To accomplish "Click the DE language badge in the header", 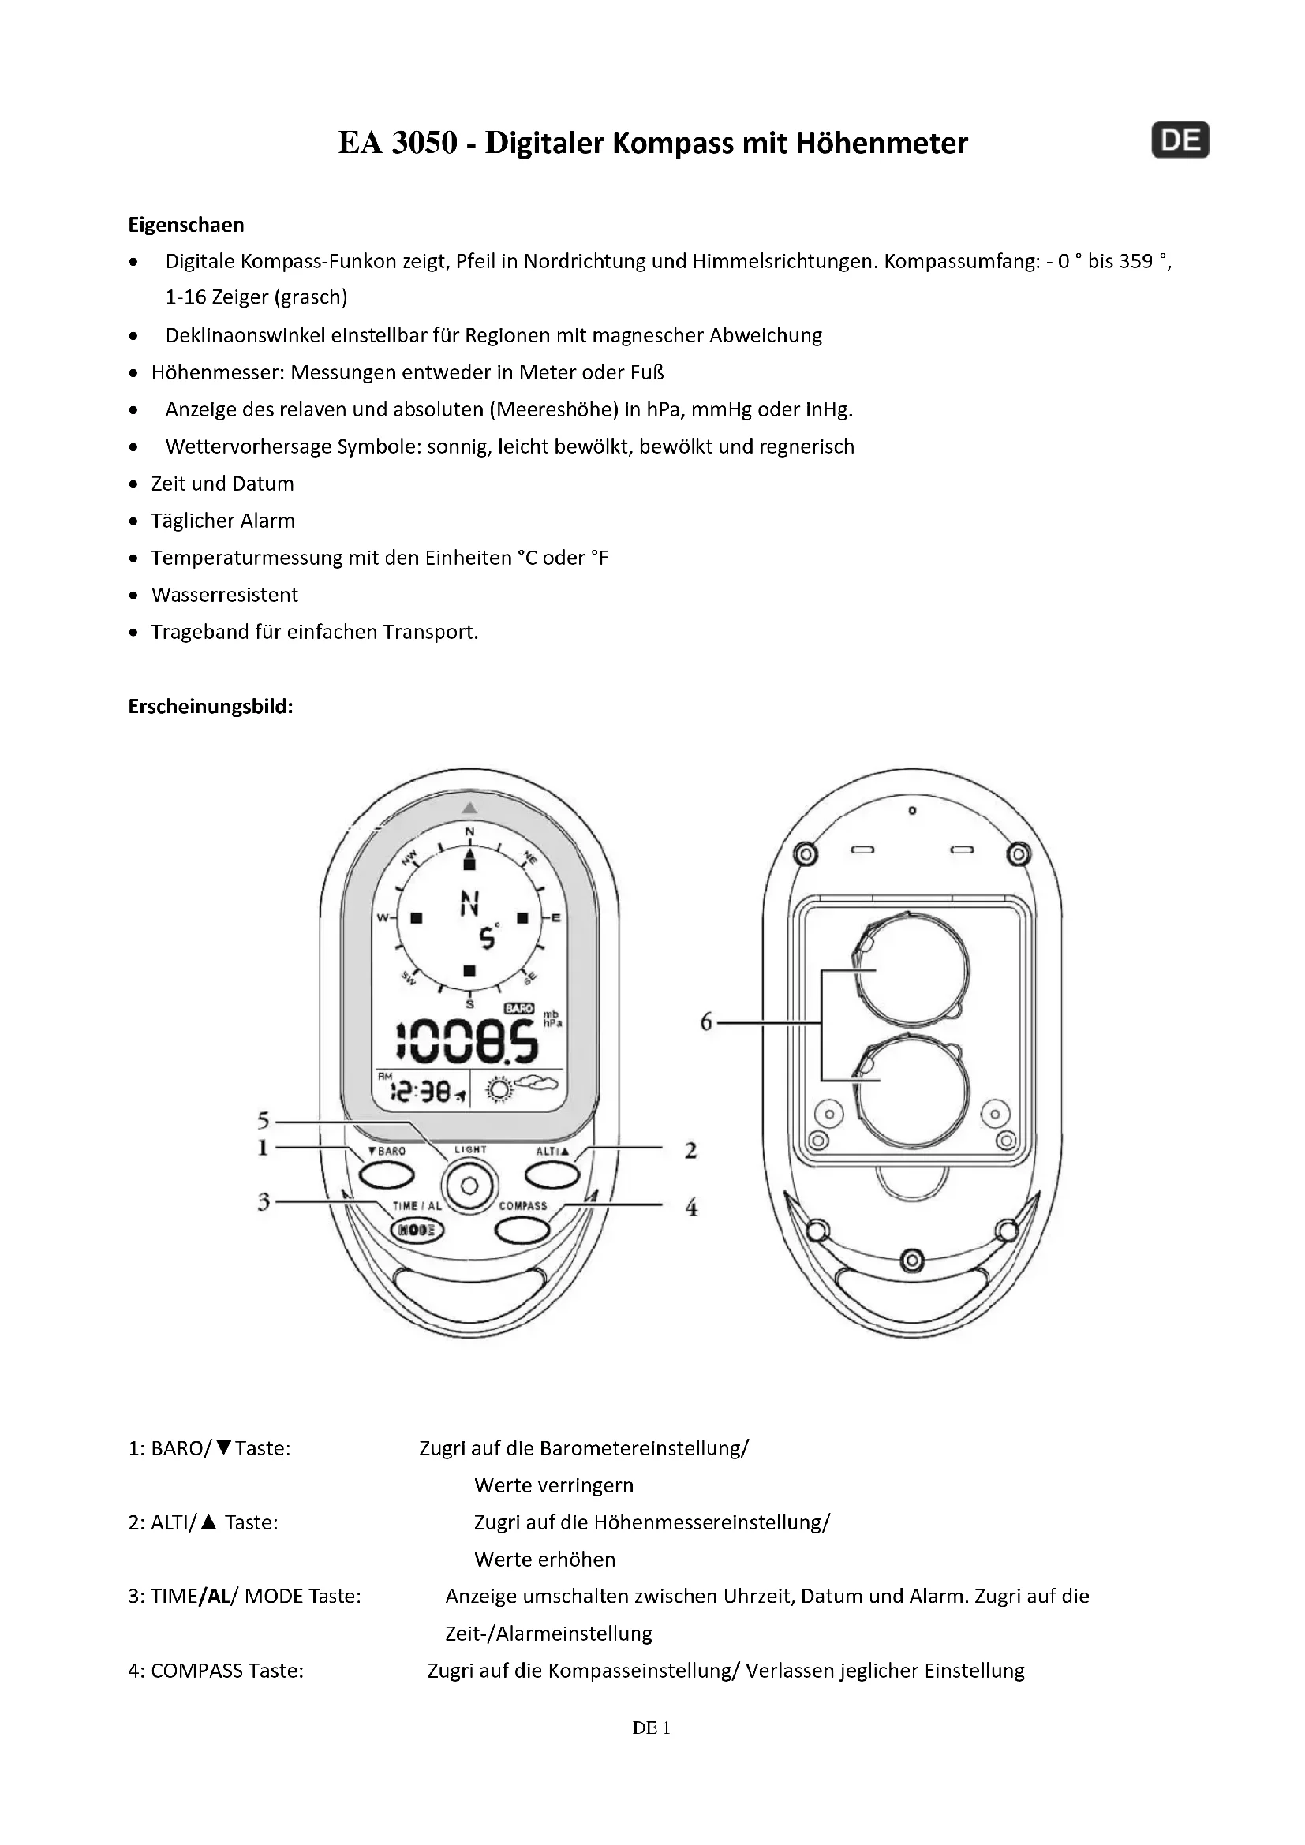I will click(x=1180, y=140).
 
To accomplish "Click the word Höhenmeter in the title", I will click(x=881, y=143).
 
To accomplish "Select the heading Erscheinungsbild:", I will click(x=211, y=706).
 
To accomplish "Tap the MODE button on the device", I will click(x=417, y=1230).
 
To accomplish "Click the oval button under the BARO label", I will click(x=386, y=1175).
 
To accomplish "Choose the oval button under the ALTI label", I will click(x=552, y=1175).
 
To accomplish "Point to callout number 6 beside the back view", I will click(x=706, y=1022).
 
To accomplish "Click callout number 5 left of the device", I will click(x=264, y=1120).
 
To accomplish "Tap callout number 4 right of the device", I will click(x=691, y=1207).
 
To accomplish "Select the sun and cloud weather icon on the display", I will click(x=518, y=1089).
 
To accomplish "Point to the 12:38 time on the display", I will click(x=421, y=1091).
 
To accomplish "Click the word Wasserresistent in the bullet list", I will click(x=224, y=595).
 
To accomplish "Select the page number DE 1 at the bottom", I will click(x=651, y=1727).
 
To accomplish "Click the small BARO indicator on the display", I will click(x=519, y=1007).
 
